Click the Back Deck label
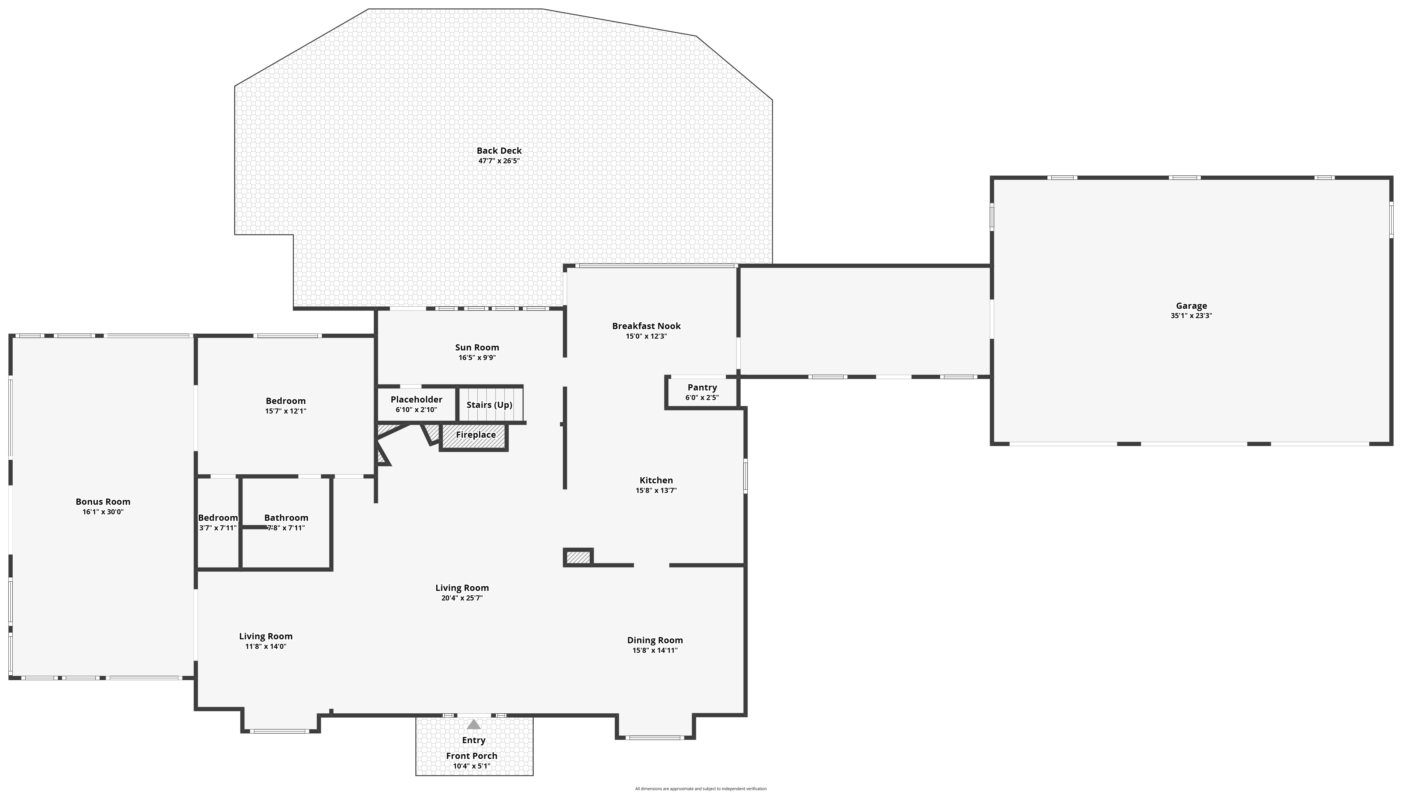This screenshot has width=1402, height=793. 499,151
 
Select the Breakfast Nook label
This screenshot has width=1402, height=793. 646,326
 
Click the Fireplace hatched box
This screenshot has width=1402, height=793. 473,436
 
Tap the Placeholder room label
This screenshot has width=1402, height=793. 416,400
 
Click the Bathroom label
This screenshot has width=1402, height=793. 286,518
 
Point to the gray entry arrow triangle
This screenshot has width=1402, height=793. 473,724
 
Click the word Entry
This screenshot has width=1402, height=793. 473,740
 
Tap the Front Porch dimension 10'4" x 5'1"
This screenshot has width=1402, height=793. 471,766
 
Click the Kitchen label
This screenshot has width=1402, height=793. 656,480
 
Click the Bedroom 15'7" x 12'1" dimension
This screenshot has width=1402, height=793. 286,411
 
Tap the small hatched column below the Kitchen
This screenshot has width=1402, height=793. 578,557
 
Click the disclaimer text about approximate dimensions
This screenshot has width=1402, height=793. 701,789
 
